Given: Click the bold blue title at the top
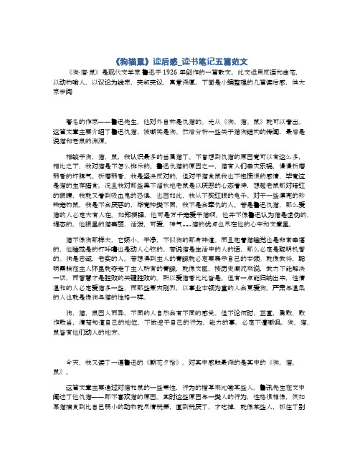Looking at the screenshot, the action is pyautogui.click(x=180, y=59).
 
